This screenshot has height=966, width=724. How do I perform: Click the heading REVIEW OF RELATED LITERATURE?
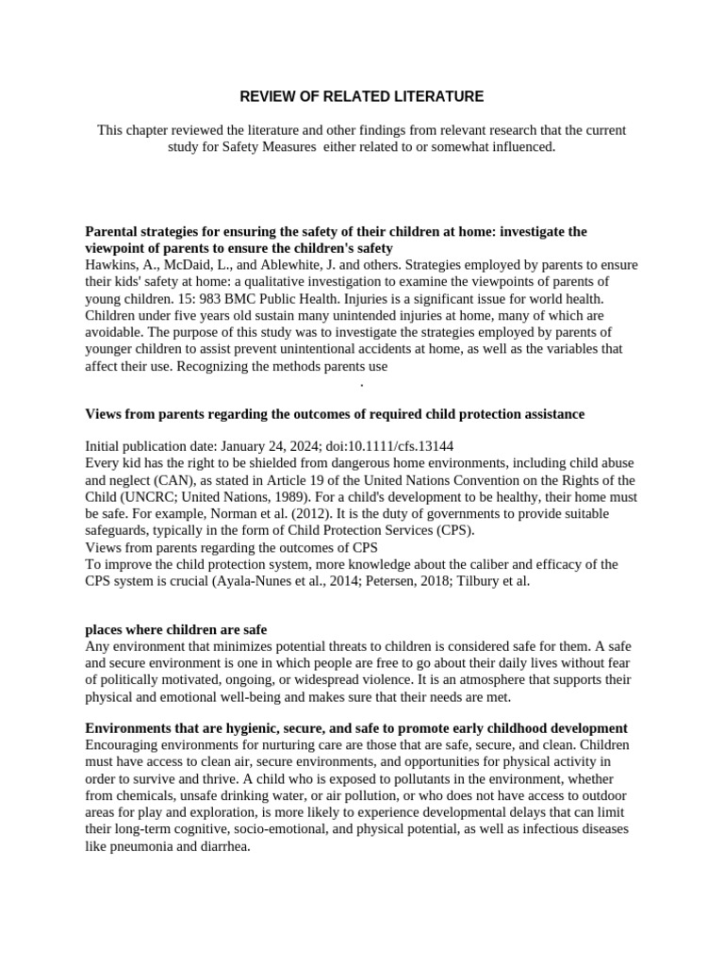[362, 96]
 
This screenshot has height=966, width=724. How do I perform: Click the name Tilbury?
[480, 582]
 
